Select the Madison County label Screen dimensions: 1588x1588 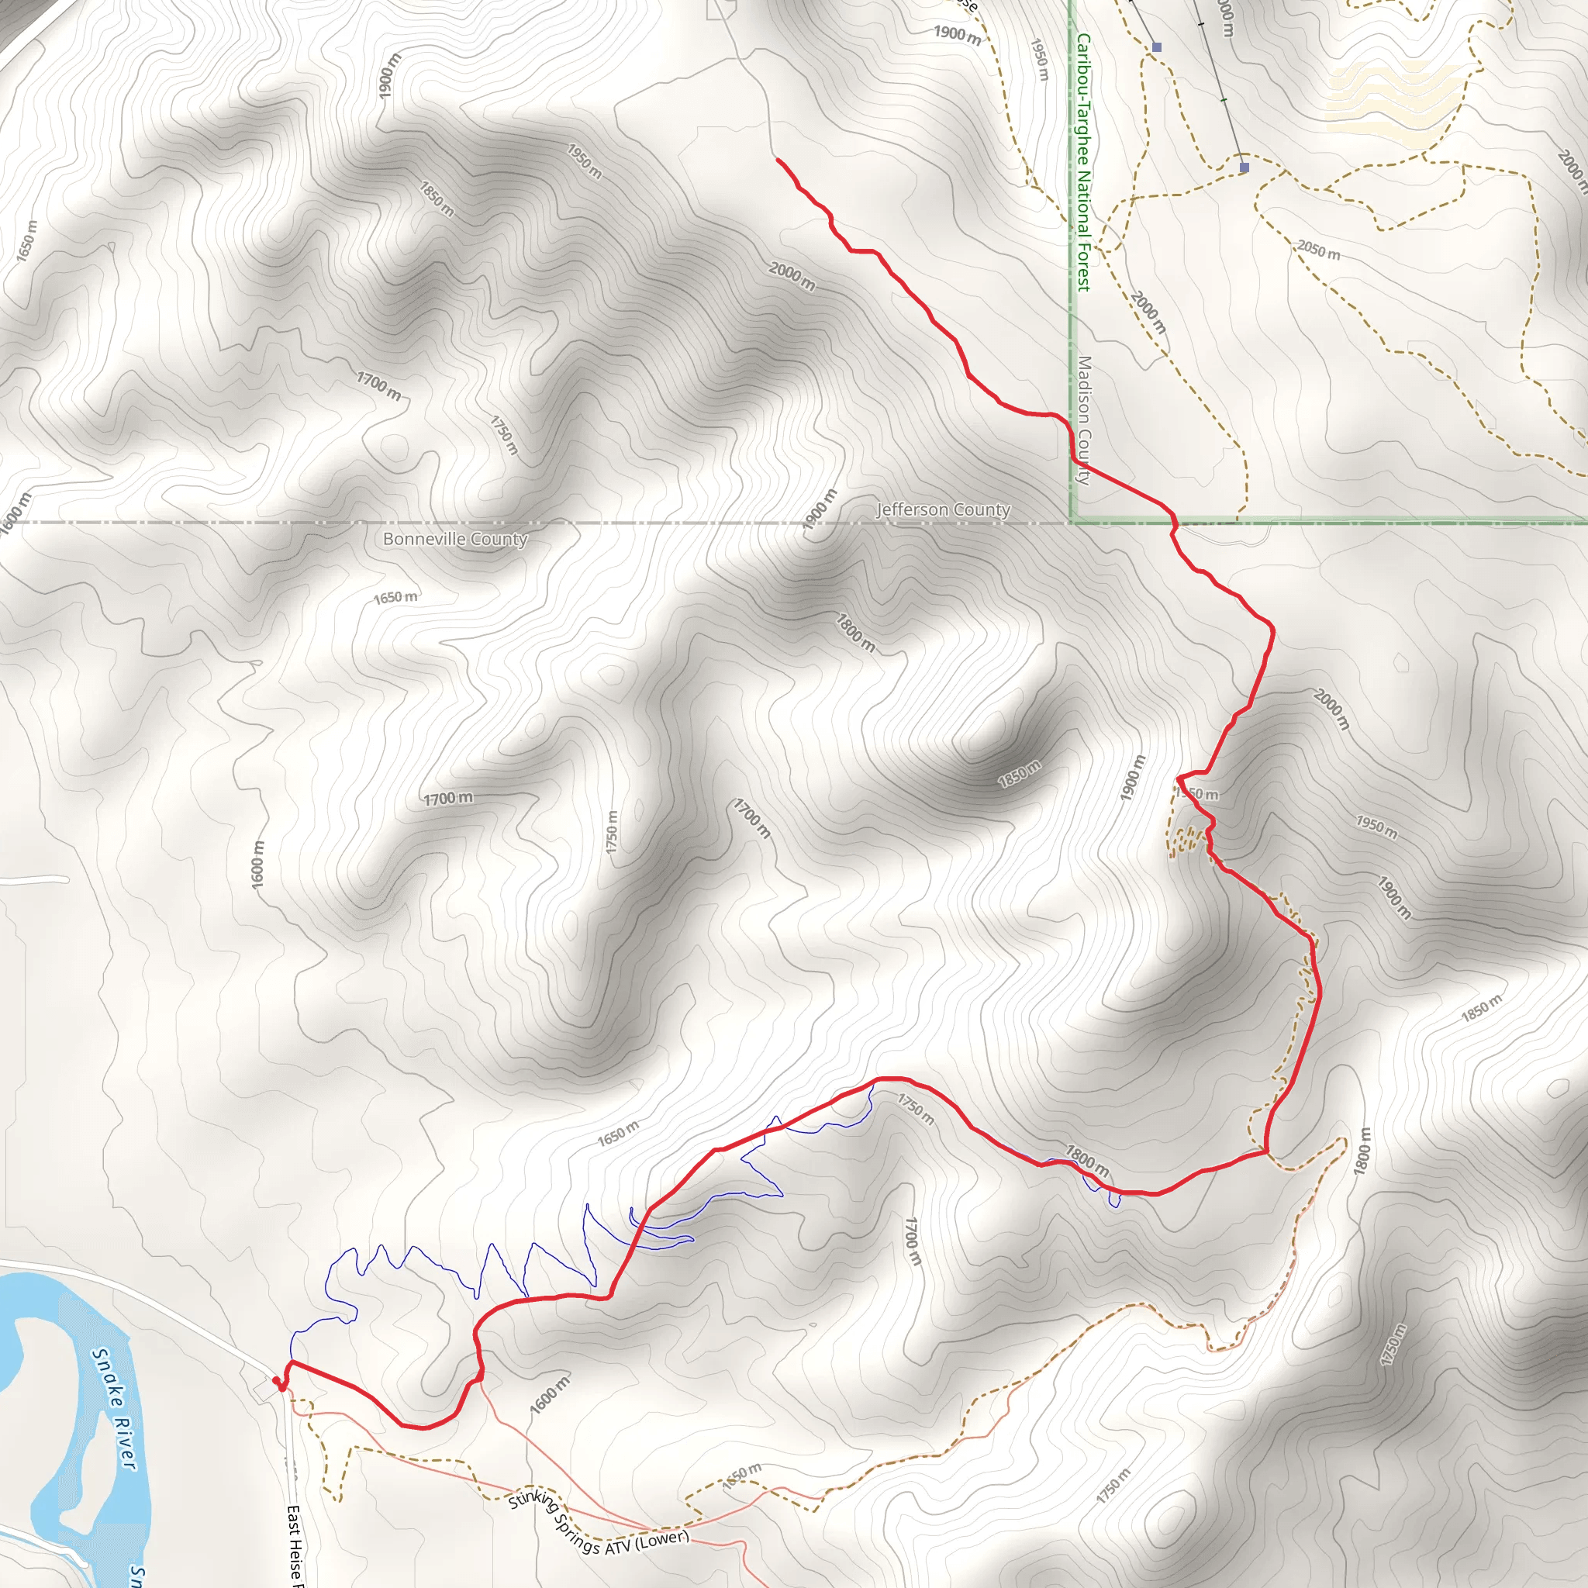(1084, 420)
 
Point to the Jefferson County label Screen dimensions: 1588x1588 (943, 509)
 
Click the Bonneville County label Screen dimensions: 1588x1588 (455, 539)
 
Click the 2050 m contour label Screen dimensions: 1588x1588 (1318, 249)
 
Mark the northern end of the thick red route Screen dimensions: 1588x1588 (778, 160)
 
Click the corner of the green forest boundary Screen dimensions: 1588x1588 (1072, 520)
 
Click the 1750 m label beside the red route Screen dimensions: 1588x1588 (916, 1109)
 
